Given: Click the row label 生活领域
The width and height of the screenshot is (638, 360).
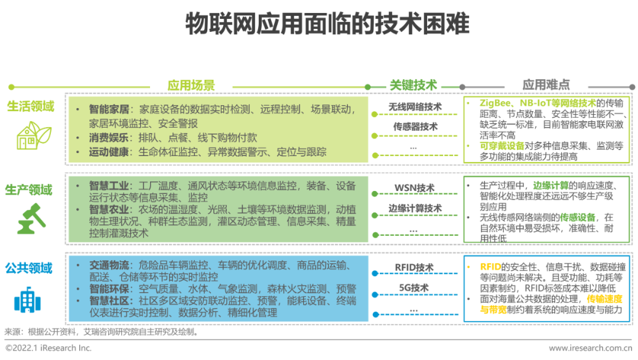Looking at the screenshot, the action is click(30, 106).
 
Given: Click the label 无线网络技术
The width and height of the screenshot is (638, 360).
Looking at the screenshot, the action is click(415, 107).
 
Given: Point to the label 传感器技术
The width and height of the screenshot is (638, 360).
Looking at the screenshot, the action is click(415, 127).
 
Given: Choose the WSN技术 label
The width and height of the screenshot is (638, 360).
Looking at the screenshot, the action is click(415, 188).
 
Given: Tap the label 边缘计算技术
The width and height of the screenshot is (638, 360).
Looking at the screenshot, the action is click(415, 208).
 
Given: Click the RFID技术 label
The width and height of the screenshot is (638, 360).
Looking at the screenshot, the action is click(415, 268).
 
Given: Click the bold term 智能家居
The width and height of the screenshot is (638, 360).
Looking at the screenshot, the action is click(109, 110).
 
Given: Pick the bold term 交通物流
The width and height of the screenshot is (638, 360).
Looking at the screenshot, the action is click(109, 265).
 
